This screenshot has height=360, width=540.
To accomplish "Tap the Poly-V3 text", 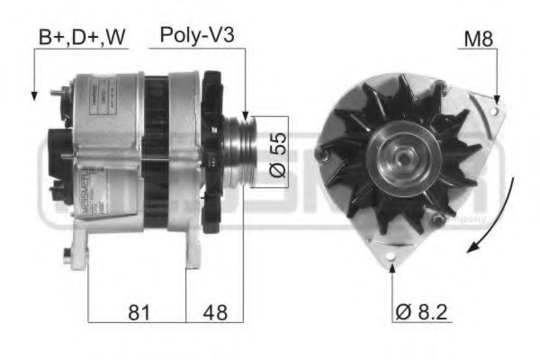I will pos(198,35).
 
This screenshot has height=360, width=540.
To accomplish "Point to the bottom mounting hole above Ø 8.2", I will pos(392,263).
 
